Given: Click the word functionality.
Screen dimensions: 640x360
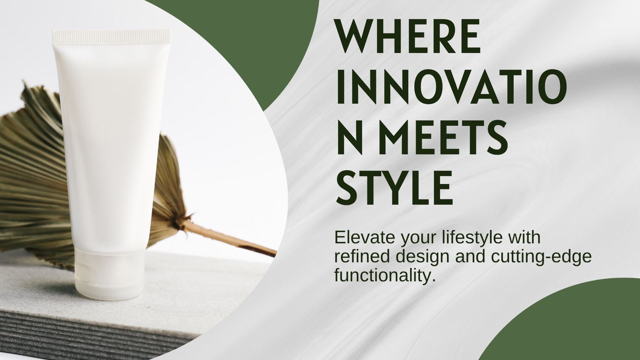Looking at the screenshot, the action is tap(385, 277).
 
